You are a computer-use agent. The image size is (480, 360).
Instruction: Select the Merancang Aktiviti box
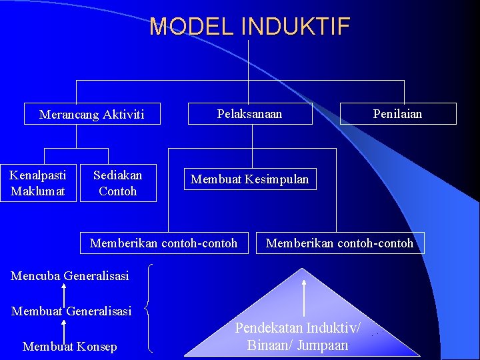click(x=92, y=115)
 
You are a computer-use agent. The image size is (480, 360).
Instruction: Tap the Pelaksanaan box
click(x=249, y=113)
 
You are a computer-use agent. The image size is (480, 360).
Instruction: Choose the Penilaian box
click(x=398, y=113)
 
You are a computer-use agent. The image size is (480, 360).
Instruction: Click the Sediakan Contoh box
click(x=118, y=183)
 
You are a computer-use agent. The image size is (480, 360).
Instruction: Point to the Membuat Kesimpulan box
click(x=250, y=179)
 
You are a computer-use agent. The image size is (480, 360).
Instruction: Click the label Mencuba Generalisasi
click(x=70, y=275)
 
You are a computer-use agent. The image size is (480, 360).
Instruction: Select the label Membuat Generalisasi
click(x=71, y=311)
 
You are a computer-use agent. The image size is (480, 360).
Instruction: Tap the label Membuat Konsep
click(x=69, y=346)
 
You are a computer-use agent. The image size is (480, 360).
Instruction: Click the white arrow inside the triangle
click(x=304, y=297)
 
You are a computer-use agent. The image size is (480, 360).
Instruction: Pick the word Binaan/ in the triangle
click(x=267, y=345)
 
